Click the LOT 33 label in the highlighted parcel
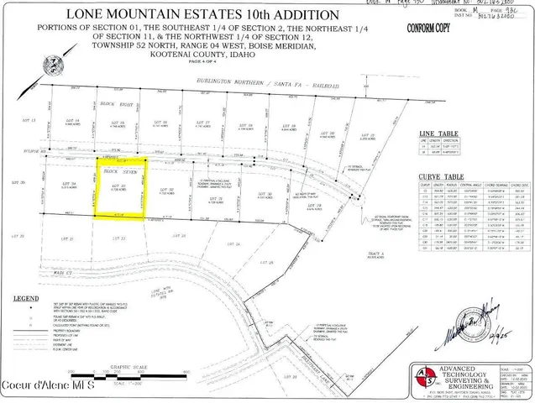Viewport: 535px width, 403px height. pos(120,185)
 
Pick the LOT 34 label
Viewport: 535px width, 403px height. pos(71,184)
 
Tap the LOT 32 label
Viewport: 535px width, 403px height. pos(165,191)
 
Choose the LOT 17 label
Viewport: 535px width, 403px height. pos(202,123)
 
